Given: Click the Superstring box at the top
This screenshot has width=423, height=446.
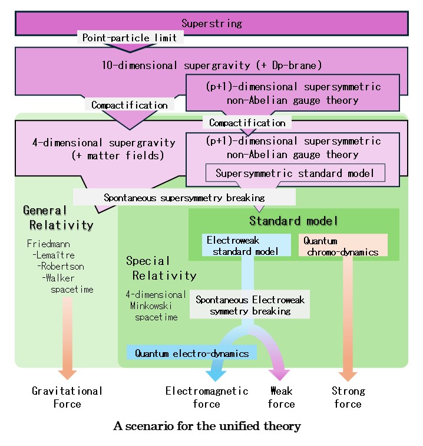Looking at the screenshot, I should [x=211, y=24].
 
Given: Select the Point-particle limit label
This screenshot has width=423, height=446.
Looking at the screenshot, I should [x=130, y=38].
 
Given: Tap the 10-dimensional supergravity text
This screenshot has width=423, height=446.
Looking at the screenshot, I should [x=211, y=65].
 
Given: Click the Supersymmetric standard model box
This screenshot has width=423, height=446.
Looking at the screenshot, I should [x=295, y=173].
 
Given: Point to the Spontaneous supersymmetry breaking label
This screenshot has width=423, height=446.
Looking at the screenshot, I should [x=184, y=198].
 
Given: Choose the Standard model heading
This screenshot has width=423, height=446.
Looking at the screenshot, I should [x=293, y=221].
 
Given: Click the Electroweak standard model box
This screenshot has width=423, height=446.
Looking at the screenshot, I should [x=248, y=245].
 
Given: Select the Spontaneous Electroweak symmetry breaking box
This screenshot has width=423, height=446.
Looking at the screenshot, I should [x=250, y=306].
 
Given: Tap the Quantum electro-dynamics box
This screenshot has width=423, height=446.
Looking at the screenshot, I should [x=192, y=353].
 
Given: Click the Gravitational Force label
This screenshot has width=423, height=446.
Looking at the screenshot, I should [x=67, y=397].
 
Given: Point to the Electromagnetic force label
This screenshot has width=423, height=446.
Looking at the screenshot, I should [x=207, y=397].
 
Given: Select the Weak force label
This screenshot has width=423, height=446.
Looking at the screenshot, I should [x=281, y=397].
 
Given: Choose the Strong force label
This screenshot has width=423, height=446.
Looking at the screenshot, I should [x=348, y=397].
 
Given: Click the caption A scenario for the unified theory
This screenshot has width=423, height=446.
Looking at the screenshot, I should [x=207, y=426].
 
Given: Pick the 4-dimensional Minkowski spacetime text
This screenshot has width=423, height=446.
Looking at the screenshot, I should [x=155, y=305].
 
